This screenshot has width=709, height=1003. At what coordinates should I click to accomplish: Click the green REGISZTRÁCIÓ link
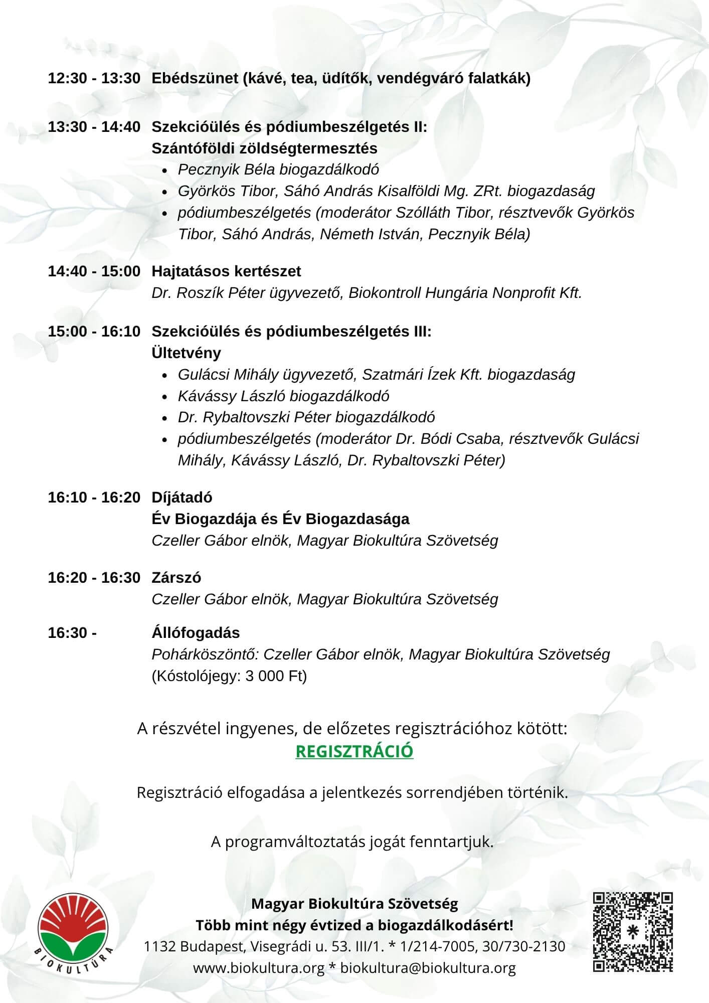(x=355, y=751)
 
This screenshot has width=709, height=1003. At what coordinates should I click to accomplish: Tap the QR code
(x=633, y=932)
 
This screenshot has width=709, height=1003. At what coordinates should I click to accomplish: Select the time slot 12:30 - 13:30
(x=94, y=78)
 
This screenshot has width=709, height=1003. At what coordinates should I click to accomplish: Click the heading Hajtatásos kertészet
(x=226, y=271)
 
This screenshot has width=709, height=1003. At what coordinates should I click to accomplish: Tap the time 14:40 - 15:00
(x=94, y=271)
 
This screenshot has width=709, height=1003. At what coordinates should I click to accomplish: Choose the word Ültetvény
(x=186, y=353)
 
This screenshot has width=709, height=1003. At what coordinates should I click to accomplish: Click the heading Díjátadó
(x=182, y=497)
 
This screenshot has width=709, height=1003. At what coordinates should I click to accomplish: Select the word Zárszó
(x=176, y=578)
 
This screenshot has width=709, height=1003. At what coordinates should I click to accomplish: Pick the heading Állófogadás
(x=196, y=633)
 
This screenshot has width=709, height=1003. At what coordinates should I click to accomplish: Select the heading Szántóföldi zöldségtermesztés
(x=265, y=148)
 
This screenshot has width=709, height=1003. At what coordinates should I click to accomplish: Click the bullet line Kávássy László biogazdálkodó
(x=283, y=396)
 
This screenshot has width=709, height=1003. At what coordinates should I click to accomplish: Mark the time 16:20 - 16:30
(x=94, y=578)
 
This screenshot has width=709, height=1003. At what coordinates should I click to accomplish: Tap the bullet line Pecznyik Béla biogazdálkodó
(x=278, y=170)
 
